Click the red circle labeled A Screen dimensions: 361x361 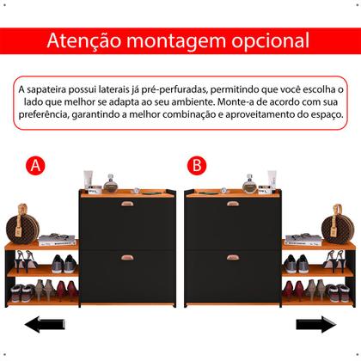(34, 165)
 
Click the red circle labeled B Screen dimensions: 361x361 (198, 165)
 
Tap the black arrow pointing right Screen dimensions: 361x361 (315, 325)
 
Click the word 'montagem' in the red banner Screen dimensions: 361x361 (175, 40)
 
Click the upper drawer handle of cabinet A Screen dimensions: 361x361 (127, 204)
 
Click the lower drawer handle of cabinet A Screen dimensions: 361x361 (127, 256)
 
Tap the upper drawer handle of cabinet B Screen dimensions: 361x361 (233, 204)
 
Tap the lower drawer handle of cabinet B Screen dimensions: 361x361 (233, 256)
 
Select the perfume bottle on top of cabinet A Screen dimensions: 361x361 (110, 182)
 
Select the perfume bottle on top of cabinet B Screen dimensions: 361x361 (249, 182)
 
